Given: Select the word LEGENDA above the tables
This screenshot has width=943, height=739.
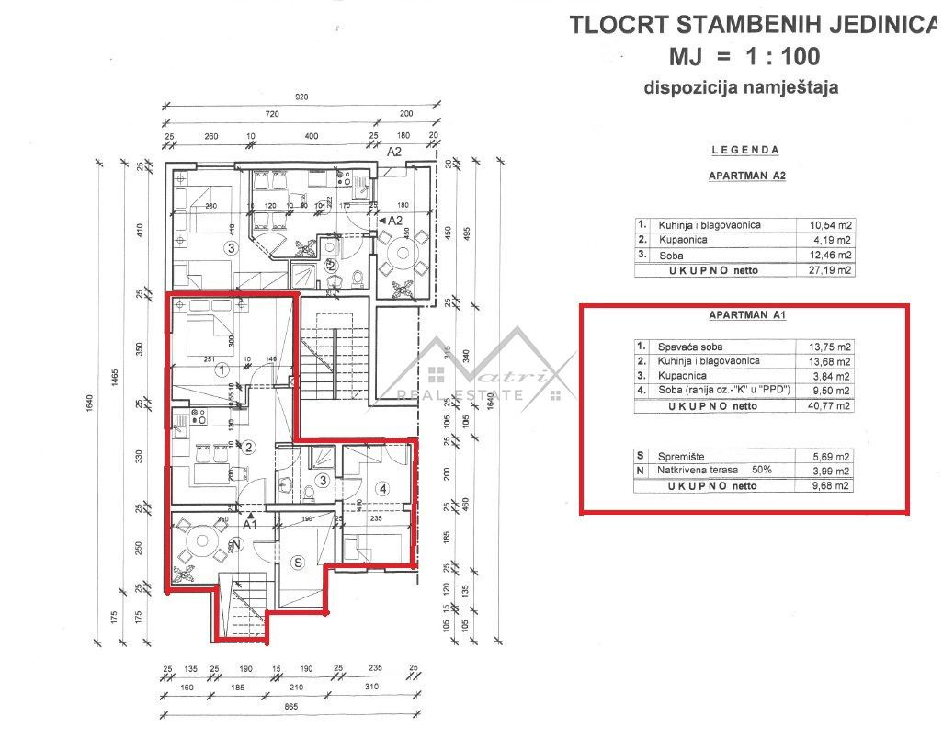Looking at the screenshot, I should click(x=745, y=150).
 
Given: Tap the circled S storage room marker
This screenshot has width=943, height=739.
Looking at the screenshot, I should click(x=297, y=562).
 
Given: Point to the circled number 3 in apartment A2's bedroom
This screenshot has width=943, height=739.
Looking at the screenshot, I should click(x=232, y=247).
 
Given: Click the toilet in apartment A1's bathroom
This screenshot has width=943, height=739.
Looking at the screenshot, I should click(x=310, y=494).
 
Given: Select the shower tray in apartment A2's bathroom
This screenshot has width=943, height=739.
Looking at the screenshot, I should click(x=302, y=273).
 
